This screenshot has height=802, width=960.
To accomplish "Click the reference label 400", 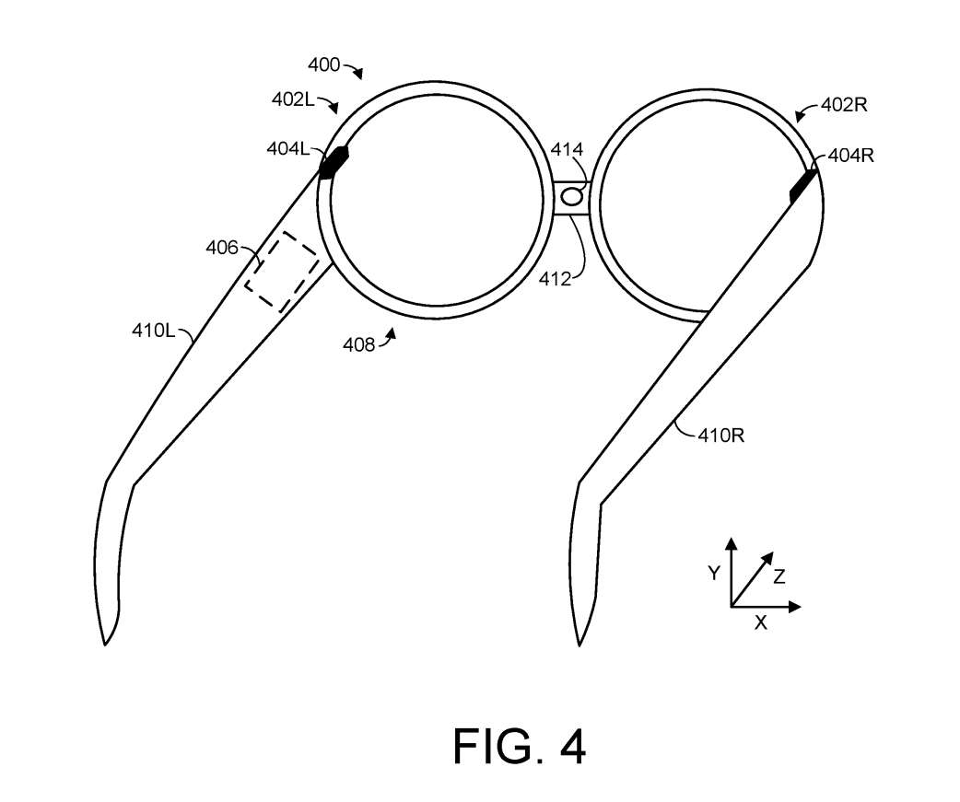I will coord(322,65).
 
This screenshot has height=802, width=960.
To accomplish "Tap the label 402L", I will coord(293,99).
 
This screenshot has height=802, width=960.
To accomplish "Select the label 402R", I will coord(844,105).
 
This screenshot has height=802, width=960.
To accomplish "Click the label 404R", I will coord(850,156).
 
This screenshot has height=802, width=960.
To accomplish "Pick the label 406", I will coord(221,247).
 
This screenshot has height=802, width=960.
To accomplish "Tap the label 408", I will coord(358,344).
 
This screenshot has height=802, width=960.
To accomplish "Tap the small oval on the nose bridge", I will coord(571,195).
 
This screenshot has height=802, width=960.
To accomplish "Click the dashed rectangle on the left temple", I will coord(282,270).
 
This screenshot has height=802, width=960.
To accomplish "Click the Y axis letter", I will coord(713,574).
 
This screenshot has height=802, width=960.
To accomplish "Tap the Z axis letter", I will coord(779,576).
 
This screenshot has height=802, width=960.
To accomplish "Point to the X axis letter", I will coord(760,622).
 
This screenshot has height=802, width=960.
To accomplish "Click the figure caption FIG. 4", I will coord(519,747).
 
